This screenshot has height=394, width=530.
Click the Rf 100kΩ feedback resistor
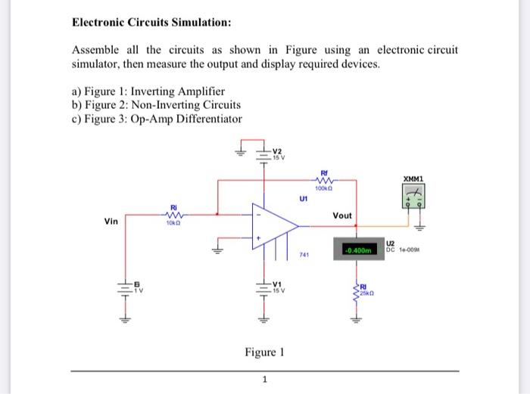pos(326,181)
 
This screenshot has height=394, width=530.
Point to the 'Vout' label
pos(342,216)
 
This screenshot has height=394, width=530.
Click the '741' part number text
pos(304,256)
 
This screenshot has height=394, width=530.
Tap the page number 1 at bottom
pos(264,380)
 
